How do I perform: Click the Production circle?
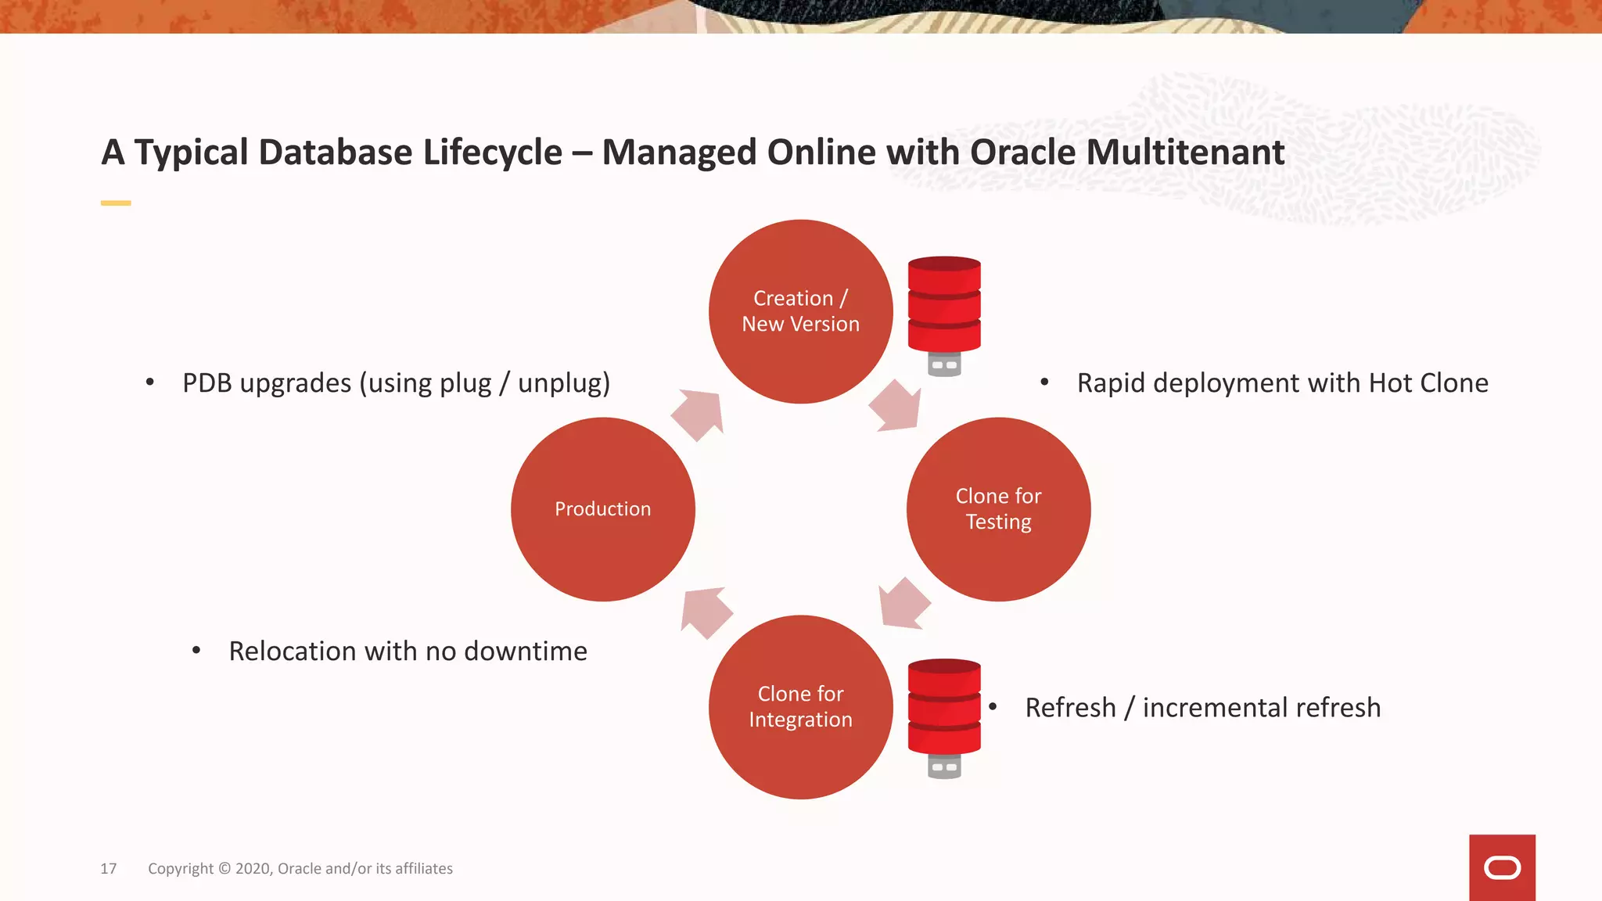[602, 509]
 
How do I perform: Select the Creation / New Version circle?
[800, 311]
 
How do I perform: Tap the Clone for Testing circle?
[998, 509]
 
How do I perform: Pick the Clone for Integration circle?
[800, 707]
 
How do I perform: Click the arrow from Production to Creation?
[699, 414]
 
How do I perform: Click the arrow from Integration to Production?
[706, 612]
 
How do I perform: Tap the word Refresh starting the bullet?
[1070, 707]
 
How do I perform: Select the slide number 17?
[108, 869]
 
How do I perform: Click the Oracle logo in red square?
[1502, 868]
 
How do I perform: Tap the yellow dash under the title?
[116, 203]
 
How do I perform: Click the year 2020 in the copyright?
[253, 869]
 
